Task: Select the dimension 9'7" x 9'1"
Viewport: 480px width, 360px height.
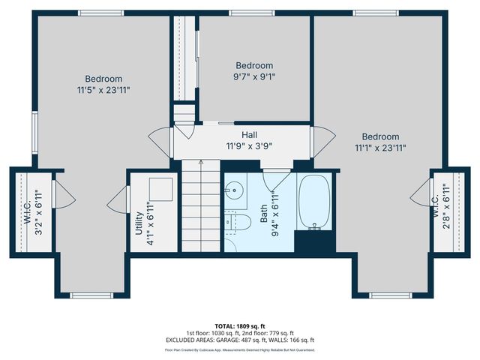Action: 254,76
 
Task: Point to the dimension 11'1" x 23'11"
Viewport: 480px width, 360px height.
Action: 380,148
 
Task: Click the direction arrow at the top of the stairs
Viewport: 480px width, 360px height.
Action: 200,161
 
